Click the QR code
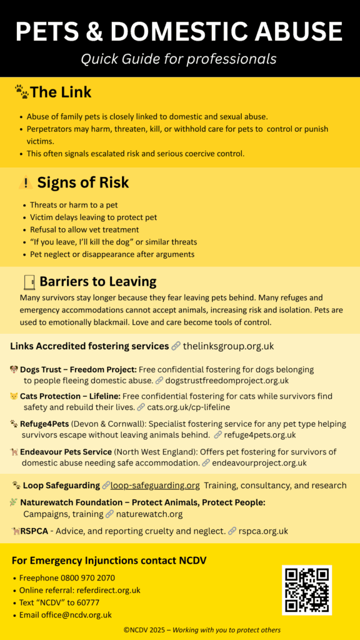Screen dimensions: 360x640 pyautogui.click(x=306, y=590)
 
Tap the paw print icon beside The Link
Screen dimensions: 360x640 pyautogui.click(x=21, y=92)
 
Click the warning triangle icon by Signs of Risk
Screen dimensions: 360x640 pyautogui.click(x=26, y=183)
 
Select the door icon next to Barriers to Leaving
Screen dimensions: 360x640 pyautogui.click(x=28, y=281)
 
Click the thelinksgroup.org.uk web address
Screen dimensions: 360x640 pyautogui.click(x=228, y=346)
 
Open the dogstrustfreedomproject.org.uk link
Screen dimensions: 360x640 pyautogui.click(x=227, y=380)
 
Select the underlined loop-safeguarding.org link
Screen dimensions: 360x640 pyautogui.click(x=155, y=485)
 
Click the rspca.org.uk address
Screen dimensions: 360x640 pyautogui.click(x=263, y=531)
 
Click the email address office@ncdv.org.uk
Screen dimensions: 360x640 pyautogui.click(x=74, y=614)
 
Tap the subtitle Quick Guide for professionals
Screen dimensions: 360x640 pyautogui.click(x=179, y=59)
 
